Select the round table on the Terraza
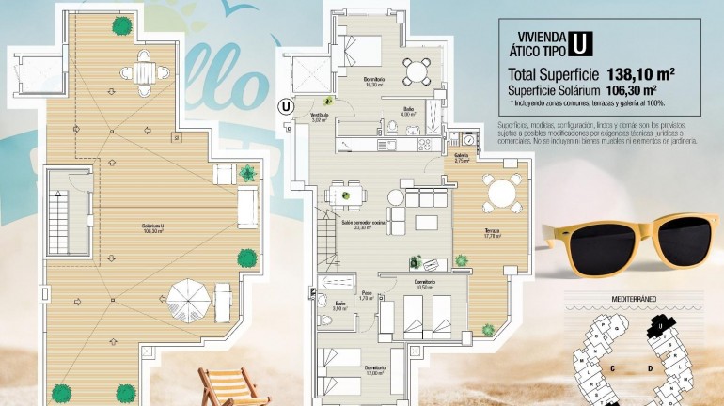click(502, 194)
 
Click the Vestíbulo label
click(319, 117)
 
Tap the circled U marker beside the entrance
click(285, 106)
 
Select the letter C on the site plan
click(612, 367)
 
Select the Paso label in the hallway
click(368, 295)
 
